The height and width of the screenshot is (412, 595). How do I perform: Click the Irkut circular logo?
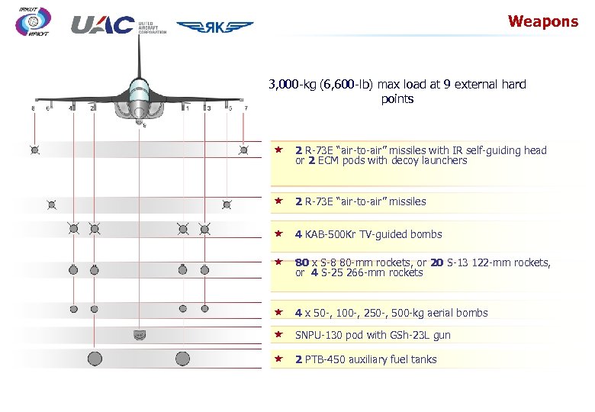(33, 22)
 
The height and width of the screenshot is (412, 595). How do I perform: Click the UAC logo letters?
(102, 25)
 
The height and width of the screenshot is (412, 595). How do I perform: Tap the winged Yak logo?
(215, 27)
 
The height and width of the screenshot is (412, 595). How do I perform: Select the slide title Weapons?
(543, 21)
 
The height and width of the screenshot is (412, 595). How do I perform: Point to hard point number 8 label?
(33, 108)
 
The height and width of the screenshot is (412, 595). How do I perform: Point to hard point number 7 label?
(245, 108)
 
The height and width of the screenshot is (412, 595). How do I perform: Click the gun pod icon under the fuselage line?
(139, 333)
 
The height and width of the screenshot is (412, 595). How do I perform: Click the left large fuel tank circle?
(95, 358)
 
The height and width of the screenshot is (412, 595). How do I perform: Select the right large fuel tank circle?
(182, 358)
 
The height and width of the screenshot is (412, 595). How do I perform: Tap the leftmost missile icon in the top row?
(35, 150)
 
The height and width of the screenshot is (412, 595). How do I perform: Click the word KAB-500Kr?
(333, 234)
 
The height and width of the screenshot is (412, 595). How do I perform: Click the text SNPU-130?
(320, 336)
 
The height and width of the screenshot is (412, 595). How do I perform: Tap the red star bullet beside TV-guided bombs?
(279, 233)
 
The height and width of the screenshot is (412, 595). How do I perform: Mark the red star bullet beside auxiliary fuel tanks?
(279, 359)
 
